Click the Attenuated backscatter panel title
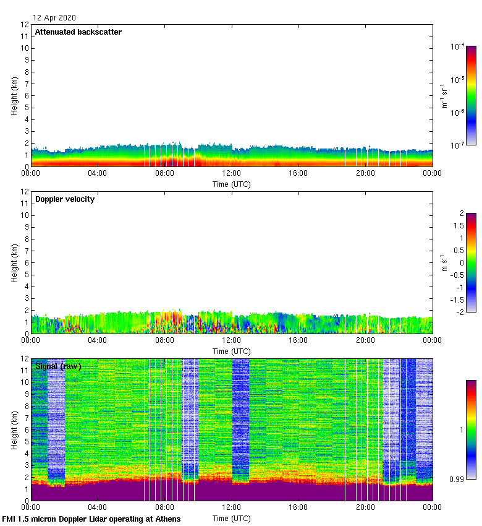78,32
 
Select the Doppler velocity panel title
65,199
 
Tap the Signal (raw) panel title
58,366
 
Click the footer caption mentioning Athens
91,519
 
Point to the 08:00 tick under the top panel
164,174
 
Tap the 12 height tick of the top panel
25,25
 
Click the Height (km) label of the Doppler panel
14,263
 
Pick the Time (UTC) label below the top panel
232,184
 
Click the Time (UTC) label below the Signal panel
232,517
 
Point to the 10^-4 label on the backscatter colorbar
457,47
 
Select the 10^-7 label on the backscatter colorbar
457,145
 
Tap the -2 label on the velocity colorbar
459,312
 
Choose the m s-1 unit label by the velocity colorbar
444,262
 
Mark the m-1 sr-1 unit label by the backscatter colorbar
444,95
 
